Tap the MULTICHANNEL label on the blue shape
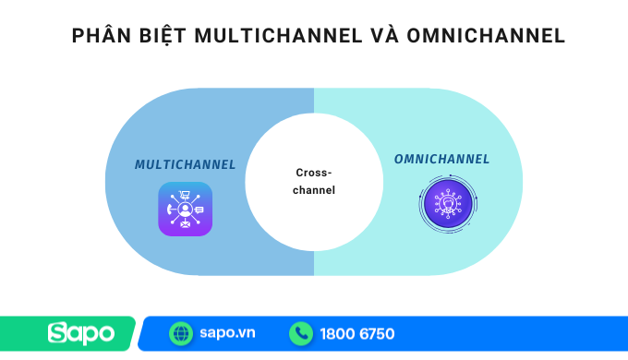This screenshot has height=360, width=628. (x=185, y=164)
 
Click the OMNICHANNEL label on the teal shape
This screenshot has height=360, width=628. (x=442, y=159)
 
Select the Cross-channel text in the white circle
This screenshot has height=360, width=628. (x=314, y=181)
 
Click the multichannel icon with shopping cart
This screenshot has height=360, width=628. (x=185, y=209)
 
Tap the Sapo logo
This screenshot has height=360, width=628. (x=81, y=332)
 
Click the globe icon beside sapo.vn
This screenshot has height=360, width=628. (x=180, y=332)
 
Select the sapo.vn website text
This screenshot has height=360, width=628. (x=227, y=332)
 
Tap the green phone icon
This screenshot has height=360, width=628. (x=301, y=332)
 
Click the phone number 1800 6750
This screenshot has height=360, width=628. (x=357, y=332)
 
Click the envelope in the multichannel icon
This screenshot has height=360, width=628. (x=185, y=224)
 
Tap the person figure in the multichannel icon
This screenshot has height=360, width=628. (x=185, y=210)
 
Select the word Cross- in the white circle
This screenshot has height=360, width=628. (x=314, y=173)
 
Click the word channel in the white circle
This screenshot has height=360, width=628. (x=314, y=190)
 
